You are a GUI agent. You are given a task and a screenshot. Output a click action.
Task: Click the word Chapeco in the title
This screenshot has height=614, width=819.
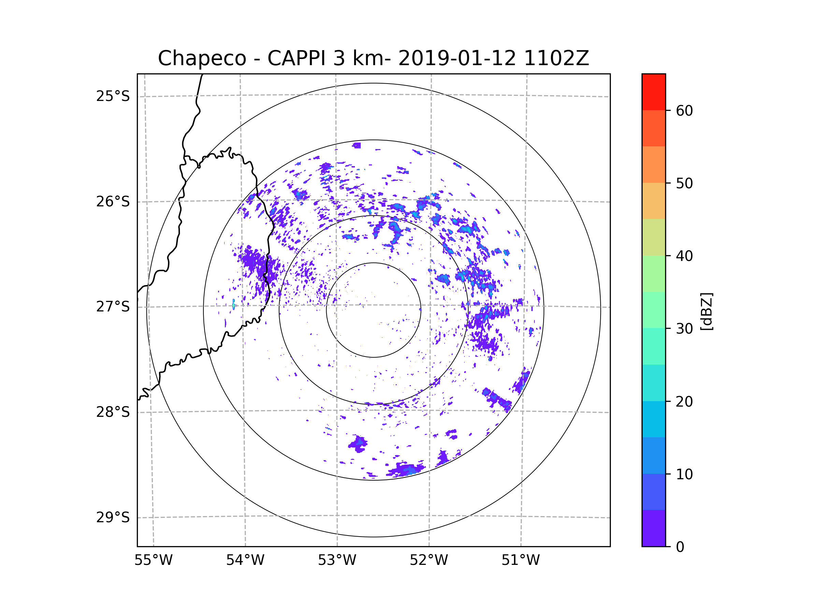[x=202, y=58]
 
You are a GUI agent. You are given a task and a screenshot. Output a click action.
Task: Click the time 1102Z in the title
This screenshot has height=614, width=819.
[x=556, y=58]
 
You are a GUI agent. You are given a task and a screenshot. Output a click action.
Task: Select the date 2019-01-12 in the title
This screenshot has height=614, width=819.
[x=457, y=58]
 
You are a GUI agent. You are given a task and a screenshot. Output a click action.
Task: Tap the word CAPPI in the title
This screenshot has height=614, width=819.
[x=296, y=58]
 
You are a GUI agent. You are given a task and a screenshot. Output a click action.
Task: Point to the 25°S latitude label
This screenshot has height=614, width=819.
[x=113, y=96]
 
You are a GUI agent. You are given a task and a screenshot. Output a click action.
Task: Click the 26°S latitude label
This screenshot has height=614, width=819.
[x=113, y=202]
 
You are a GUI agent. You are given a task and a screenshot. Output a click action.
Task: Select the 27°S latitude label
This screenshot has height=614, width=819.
[x=113, y=307]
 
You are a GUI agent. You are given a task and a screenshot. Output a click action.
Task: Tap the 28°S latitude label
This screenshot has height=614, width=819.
[x=113, y=412]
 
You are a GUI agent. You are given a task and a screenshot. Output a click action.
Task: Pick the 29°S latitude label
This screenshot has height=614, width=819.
[x=113, y=517]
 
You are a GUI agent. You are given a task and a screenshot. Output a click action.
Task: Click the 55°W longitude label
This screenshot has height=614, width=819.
[x=153, y=560]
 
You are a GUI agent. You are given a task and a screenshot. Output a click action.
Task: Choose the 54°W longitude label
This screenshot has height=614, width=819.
[x=245, y=560]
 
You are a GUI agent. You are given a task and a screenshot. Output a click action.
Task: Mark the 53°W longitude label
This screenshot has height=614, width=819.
[x=337, y=560]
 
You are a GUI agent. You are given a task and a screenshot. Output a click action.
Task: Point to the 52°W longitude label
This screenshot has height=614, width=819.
[x=429, y=560]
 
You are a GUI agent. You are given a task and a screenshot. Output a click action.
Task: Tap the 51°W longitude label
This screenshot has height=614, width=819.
[x=520, y=560]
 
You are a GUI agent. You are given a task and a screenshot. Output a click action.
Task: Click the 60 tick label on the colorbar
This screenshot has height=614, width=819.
[x=684, y=111]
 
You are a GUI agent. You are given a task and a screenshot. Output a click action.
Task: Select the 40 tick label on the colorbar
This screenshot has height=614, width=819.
[x=684, y=256]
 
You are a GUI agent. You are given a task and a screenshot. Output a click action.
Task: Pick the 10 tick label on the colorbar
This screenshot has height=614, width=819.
[x=684, y=474]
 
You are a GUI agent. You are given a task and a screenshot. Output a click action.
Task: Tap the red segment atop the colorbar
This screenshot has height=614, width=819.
[x=653, y=92]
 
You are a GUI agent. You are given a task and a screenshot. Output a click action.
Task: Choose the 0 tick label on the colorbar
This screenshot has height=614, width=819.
[x=680, y=547]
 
